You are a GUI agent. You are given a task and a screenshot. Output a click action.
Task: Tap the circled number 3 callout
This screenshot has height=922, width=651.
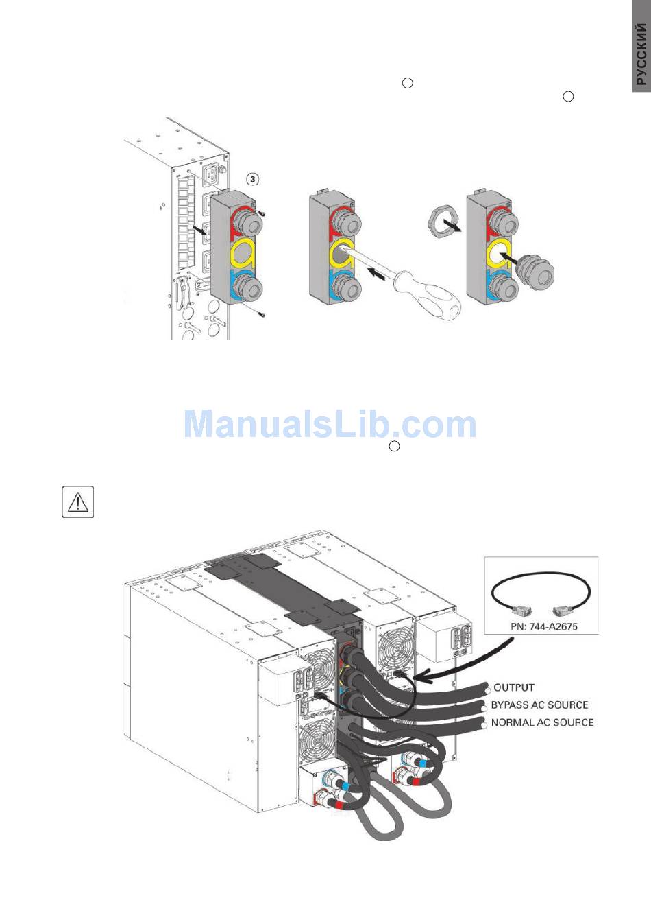253,179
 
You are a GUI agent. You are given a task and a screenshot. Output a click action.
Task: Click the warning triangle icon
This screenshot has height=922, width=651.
78,502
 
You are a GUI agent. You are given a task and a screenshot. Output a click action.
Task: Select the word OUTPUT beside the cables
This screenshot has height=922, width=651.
513,687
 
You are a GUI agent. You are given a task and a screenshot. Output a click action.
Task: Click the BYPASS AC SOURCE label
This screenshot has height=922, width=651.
539,705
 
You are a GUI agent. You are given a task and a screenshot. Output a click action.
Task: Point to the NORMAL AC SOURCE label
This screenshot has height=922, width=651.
542,722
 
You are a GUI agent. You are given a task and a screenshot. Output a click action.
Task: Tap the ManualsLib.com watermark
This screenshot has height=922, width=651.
330,424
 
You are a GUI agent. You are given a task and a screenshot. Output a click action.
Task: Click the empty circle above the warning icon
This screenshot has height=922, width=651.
394,447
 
